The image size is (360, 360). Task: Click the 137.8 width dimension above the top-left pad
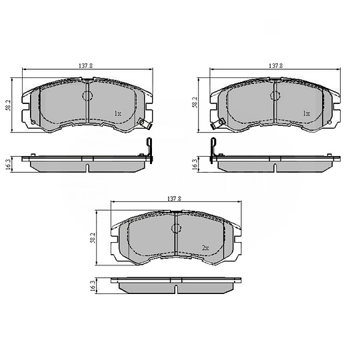[x=85, y=66]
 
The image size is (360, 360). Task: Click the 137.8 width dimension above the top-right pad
[x=275, y=66]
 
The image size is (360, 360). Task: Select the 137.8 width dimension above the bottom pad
[x=174, y=199]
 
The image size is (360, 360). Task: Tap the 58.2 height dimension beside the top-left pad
[x=8, y=105]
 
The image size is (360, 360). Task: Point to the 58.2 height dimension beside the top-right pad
[x=195, y=102]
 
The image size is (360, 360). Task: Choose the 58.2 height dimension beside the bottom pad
[x=93, y=238]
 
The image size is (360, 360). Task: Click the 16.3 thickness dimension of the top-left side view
[x=7, y=164]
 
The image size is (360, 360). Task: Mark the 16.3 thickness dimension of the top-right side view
[x=194, y=165]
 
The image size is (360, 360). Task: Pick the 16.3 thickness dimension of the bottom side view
[x=93, y=286]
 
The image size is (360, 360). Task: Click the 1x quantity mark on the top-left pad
[x=118, y=113]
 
